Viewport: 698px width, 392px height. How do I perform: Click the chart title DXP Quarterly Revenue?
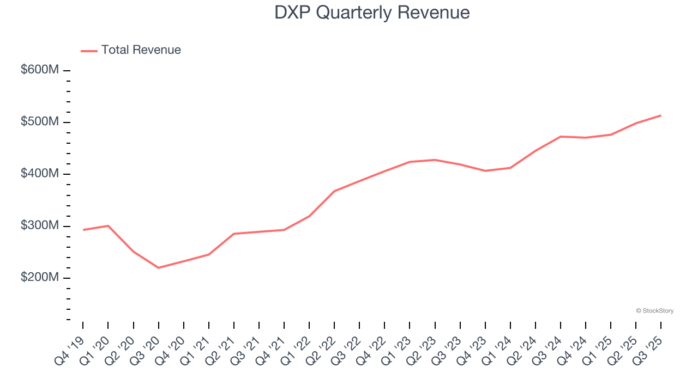372,13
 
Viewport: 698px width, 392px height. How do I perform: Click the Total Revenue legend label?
141,50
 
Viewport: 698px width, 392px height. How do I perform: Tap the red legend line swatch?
89,51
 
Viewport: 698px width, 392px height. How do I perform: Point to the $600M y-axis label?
40,70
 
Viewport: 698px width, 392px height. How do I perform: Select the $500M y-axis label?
40,122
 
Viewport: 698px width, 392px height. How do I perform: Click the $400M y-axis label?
40,174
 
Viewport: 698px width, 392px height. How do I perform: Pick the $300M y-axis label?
40,226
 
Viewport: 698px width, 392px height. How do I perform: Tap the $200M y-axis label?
40,278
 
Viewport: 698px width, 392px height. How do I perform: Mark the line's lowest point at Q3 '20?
158,268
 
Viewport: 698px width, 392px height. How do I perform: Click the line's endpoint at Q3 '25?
661,115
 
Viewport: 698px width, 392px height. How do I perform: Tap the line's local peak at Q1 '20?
108,225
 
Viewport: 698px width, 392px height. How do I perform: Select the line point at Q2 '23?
435,160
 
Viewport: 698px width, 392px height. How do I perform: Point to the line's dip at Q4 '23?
485,171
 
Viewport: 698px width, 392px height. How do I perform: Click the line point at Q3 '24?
561,137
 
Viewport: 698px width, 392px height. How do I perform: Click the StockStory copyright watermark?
654,311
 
